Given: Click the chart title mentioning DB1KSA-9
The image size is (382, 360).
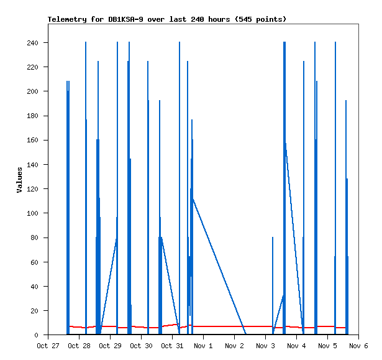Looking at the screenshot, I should coord(167,19).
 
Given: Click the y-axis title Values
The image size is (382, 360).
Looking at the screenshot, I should coord(19,180).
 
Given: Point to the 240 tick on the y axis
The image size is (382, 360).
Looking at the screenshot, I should coord(32,43).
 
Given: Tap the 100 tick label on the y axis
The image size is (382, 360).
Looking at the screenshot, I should coord(32,213).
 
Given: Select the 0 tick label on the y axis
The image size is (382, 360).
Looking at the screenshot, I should coord(37,335).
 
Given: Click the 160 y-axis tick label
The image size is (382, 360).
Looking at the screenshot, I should coord(32,141).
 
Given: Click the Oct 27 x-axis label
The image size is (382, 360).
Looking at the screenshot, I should coord(48,346).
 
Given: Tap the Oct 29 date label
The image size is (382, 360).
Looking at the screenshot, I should coord(110,346).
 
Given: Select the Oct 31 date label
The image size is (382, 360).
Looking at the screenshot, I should coord(172,346).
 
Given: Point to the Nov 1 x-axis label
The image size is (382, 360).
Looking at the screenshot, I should coord(203,346).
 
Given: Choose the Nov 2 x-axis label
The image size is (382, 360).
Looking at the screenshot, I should coord(234,346).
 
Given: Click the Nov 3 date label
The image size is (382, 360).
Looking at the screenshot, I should coord(265,346).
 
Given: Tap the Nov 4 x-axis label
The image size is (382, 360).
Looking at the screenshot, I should coord(296,346).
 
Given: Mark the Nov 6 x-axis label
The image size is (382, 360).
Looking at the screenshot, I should coord(358,346).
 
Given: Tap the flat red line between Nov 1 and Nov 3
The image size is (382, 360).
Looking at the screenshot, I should coord(236,326).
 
